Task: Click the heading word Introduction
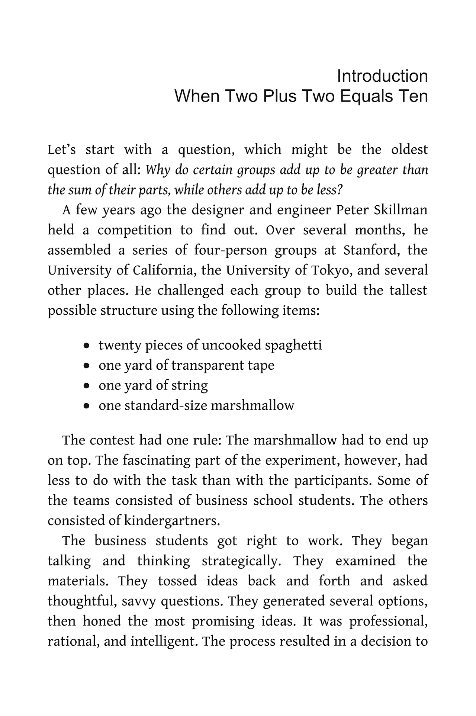pyautogui.click(x=382, y=76)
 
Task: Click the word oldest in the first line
pyautogui.click(x=409, y=150)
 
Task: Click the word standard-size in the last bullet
pyautogui.click(x=165, y=405)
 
